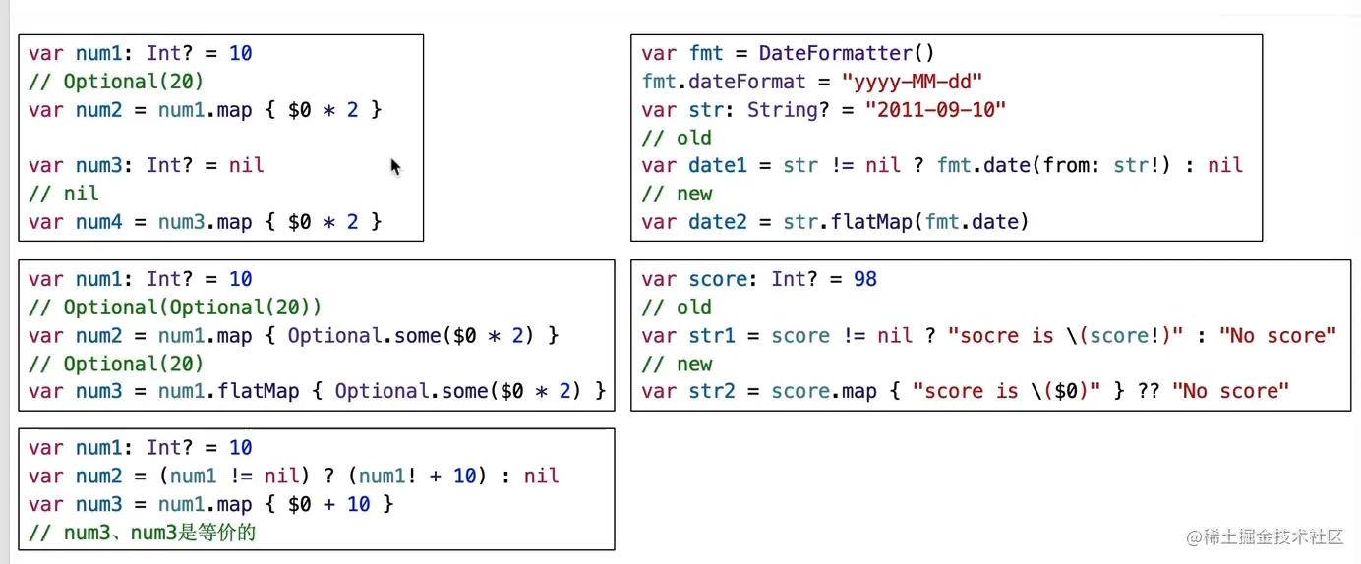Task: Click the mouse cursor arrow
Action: [x=395, y=167]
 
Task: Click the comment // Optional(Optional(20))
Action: [x=175, y=307]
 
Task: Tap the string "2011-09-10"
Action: [x=935, y=109]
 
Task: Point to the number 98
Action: [x=865, y=279]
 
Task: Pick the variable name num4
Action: [x=98, y=222]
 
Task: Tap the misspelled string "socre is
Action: [x=1000, y=336]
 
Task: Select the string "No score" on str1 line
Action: [x=1277, y=336]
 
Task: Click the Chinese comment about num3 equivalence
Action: [x=144, y=533]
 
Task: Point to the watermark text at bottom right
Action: [x=1265, y=536]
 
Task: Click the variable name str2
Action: [x=712, y=392]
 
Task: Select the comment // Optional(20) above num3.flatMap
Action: [x=116, y=364]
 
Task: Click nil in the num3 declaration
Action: [x=246, y=165]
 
